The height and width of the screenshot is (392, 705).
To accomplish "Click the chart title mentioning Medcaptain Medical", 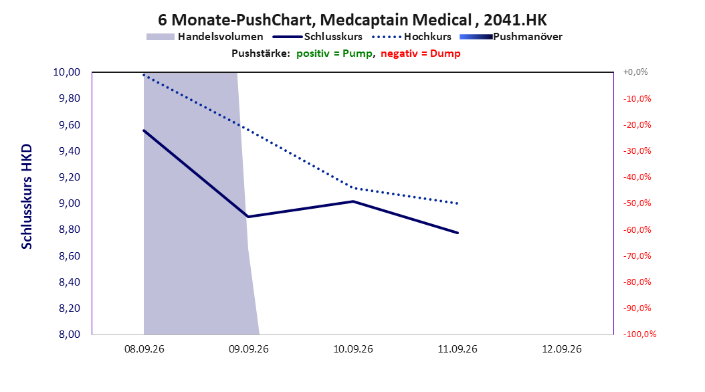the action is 352,20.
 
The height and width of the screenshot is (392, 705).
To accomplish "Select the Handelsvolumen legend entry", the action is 205,37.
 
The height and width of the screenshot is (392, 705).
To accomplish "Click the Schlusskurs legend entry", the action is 318,37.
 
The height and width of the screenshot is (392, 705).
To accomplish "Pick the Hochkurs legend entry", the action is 411,37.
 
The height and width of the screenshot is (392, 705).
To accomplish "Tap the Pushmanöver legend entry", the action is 511,37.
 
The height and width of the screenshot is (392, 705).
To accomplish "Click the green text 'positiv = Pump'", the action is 334,54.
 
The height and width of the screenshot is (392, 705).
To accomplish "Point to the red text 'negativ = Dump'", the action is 421,54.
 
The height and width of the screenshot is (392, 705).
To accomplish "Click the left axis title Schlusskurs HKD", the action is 27,197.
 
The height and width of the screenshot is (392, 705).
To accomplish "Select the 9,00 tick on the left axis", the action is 70,203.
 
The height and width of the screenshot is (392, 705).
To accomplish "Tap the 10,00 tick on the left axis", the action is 66,72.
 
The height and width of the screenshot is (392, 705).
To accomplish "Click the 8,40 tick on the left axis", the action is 70,282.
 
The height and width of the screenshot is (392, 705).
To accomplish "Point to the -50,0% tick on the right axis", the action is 637,203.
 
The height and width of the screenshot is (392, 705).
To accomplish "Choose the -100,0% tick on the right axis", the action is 639,334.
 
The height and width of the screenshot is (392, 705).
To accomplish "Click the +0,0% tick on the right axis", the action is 635,72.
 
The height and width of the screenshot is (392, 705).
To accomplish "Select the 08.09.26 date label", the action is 144,349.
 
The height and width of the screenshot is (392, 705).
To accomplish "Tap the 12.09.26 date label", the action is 562,349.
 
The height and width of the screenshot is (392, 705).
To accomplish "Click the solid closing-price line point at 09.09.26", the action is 248,217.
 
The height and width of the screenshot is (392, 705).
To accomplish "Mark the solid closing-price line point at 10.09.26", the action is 353,201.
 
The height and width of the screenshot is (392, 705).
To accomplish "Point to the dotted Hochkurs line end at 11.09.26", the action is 458,203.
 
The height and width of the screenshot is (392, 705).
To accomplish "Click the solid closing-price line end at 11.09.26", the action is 458,233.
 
